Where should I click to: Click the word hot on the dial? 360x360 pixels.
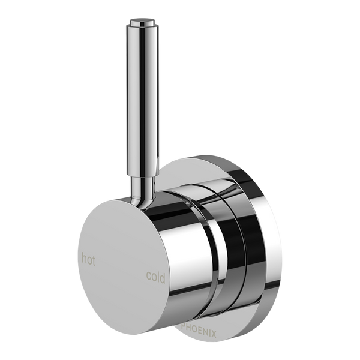point(88,259)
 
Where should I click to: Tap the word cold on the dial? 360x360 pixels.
point(155,277)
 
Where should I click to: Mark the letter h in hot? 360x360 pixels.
point(84,259)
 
